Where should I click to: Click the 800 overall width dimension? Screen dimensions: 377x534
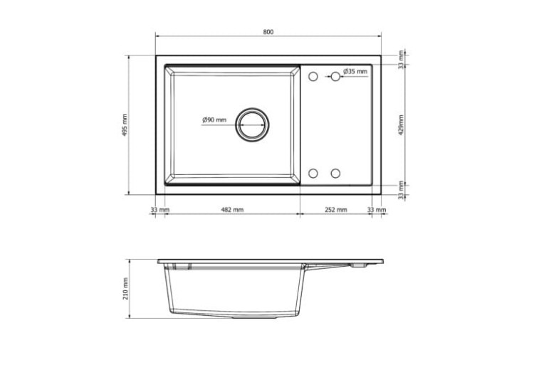[268, 32]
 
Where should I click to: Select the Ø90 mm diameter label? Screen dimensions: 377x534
[214, 119]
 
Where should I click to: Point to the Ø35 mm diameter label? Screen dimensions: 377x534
[355, 71]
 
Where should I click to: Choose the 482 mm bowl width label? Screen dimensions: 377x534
[231, 210]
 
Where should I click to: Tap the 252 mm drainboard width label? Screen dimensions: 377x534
[335, 210]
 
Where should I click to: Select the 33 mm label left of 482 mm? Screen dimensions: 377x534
[159, 210]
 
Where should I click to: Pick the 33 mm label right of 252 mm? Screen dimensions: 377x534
[376, 210]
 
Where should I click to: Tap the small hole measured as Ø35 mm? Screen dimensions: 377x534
[335, 75]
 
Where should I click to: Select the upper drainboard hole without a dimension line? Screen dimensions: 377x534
[313, 75]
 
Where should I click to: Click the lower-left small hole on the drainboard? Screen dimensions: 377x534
[313, 173]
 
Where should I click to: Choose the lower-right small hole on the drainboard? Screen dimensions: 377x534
[335, 173]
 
